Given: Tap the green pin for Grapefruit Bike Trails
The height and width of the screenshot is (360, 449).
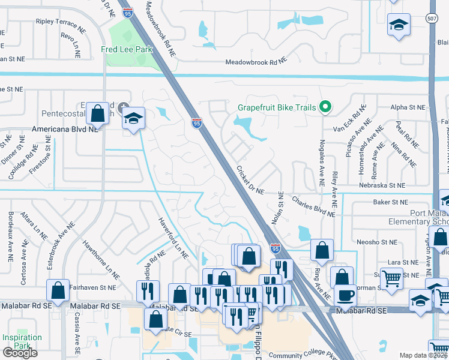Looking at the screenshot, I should [325, 107].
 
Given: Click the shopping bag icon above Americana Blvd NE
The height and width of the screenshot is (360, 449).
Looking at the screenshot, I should [97, 113].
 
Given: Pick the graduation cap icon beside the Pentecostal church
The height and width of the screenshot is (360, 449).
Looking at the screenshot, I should [134, 119].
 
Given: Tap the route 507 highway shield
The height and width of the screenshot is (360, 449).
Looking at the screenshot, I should [432, 17].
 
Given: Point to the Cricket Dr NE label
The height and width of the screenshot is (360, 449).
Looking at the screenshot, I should [250, 180].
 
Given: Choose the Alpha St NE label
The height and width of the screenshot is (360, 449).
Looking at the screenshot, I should [407, 107].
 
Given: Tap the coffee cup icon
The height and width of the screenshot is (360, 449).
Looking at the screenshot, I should [345, 295].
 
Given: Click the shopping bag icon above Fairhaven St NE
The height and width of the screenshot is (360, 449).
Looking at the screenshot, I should [58, 290].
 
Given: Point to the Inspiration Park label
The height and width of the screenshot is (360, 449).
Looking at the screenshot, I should [22, 341].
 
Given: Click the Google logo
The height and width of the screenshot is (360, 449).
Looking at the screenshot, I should [20, 353].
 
